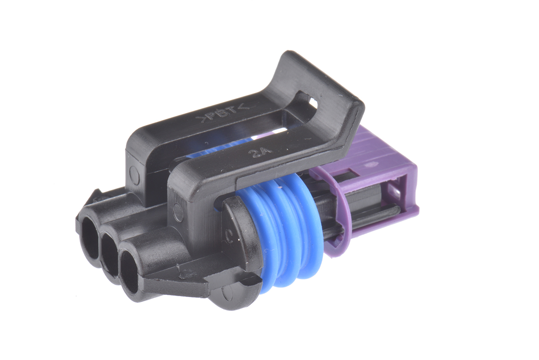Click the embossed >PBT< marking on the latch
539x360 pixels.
coord(223,116)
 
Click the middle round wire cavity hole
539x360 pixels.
coord(110,256)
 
